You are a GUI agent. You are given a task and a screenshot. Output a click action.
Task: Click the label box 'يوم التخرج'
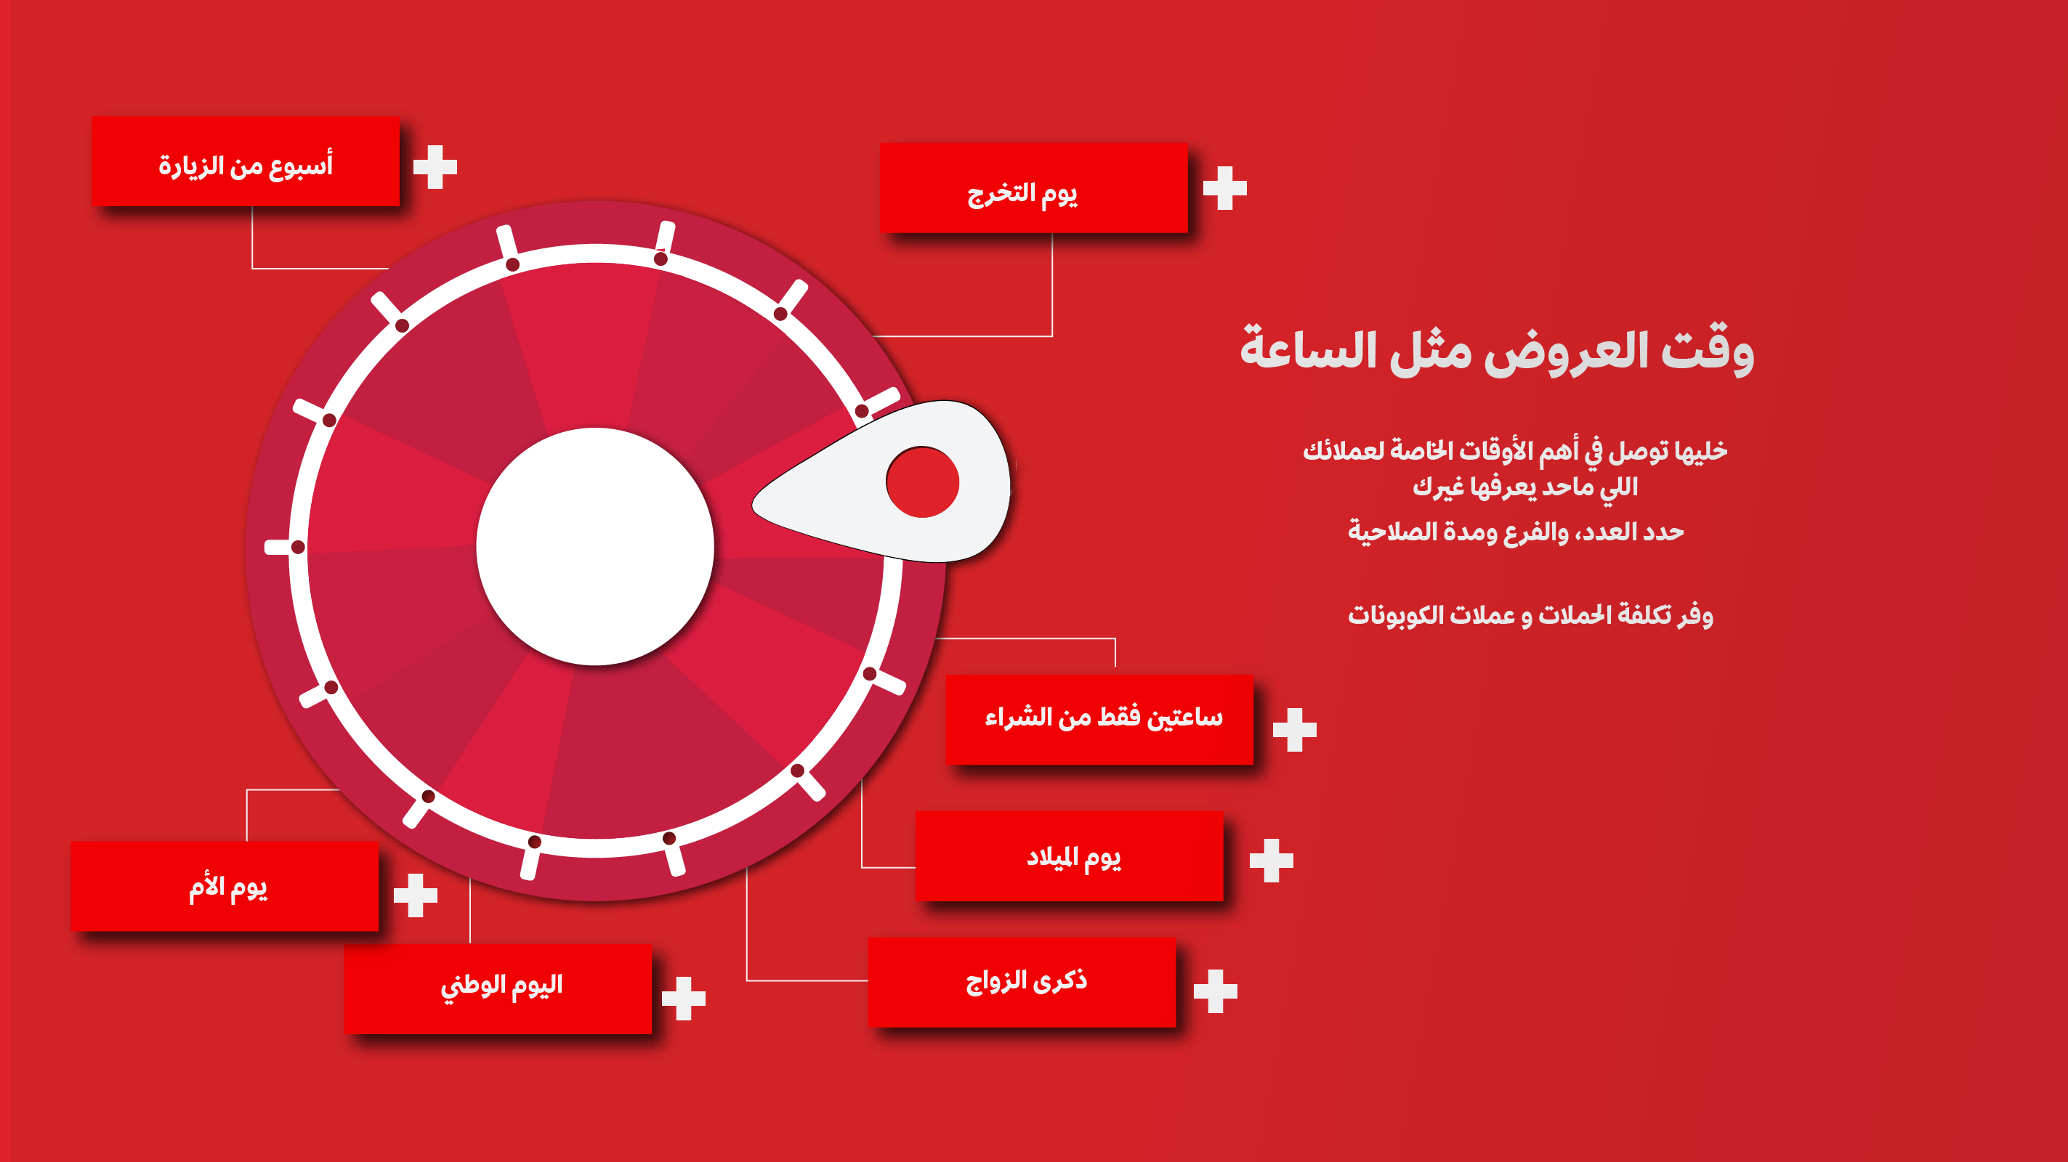click(1033, 189)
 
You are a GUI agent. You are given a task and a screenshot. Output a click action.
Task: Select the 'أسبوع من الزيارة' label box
click(245, 161)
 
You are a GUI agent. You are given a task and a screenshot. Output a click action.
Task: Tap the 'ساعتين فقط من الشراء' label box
click(1099, 720)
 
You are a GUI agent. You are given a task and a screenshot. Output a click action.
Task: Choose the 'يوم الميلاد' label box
click(1070, 856)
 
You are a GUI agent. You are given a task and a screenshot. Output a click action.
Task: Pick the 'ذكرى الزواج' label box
click(1022, 982)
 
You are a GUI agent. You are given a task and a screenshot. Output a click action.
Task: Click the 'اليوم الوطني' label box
click(498, 988)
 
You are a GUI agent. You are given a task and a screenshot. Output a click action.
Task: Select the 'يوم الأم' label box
click(225, 887)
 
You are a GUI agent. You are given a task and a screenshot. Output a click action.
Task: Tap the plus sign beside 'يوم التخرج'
click(1225, 189)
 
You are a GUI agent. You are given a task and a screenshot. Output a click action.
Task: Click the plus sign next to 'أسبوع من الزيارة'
click(435, 167)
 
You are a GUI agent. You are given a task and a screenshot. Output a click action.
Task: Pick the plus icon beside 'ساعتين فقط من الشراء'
click(1295, 729)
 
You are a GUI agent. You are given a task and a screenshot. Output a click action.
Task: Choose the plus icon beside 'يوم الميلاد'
click(1272, 861)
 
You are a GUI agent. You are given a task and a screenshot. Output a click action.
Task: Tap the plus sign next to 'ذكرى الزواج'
click(1216, 991)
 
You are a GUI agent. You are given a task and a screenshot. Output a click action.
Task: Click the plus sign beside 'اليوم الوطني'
click(684, 999)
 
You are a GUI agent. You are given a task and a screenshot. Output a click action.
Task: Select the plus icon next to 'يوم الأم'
click(416, 895)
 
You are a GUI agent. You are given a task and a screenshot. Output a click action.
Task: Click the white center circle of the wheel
click(595, 546)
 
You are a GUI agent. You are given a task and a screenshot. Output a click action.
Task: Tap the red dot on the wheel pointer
click(922, 482)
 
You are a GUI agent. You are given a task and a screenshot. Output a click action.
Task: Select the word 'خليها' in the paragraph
click(1700, 451)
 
